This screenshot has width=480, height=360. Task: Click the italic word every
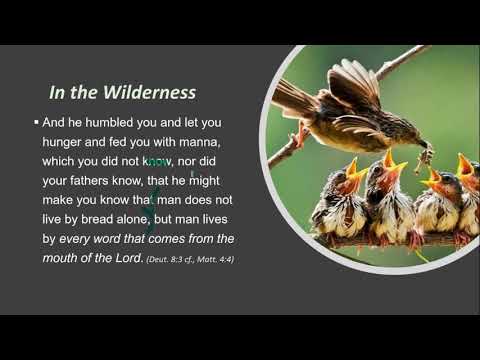(83, 239)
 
